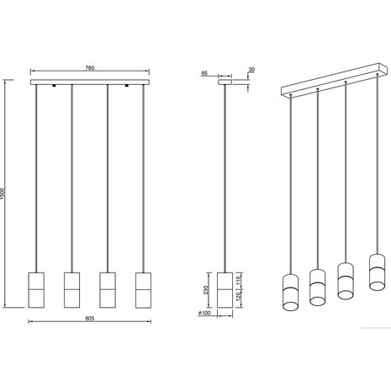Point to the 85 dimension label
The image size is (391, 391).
[205, 74]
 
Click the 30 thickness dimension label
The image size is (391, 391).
[252, 71]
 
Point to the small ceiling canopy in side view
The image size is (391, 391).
[225, 83]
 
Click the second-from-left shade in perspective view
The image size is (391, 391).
[317, 287]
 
